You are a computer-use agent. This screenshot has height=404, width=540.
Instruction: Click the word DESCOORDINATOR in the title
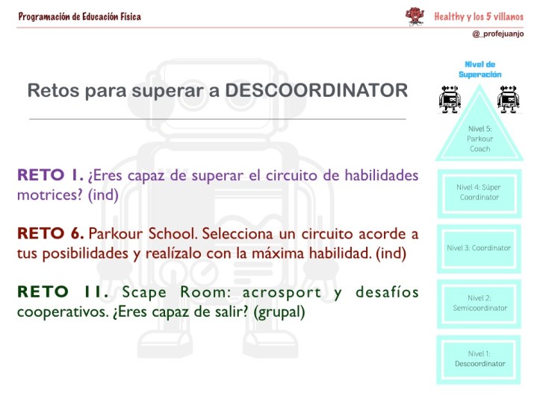click(316, 91)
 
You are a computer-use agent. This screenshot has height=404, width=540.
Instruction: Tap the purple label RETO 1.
click(51, 177)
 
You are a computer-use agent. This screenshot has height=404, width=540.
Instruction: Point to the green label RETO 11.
click(60, 291)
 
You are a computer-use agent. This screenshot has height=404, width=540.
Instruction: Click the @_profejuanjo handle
click(498, 34)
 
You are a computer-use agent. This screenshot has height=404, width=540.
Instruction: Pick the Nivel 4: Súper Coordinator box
click(479, 192)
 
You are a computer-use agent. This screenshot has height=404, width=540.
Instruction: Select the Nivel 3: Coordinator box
click(479, 247)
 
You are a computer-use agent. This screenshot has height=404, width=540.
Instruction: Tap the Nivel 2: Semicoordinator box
click(479, 303)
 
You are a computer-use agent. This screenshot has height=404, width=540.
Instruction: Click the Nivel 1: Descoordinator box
click(479, 359)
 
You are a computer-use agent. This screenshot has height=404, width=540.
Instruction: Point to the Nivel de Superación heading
click(480, 69)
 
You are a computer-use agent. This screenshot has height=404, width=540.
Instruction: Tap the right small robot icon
click(509, 99)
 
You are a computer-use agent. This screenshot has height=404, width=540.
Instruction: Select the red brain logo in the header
click(414, 16)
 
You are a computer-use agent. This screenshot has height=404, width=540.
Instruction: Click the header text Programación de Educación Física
click(79, 16)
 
